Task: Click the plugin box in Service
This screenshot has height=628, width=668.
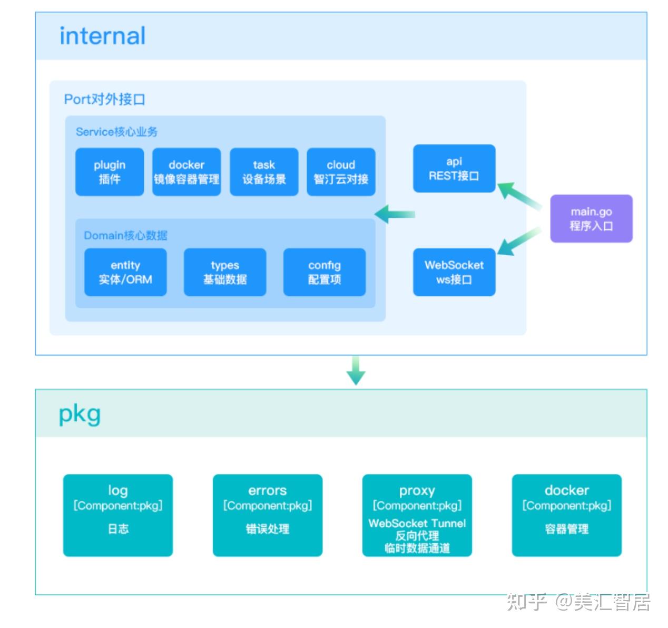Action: [110, 172]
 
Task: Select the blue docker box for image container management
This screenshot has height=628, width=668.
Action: [186, 172]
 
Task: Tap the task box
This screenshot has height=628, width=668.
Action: [264, 172]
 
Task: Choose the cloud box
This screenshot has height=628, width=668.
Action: [341, 172]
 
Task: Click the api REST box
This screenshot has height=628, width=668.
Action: [454, 168]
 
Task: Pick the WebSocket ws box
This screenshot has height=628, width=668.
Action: [454, 272]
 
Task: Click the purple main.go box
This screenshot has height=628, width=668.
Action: [591, 218]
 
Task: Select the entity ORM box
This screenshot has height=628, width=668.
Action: [125, 272]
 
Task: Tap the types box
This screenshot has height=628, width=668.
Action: [225, 272]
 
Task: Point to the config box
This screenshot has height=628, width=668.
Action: [325, 272]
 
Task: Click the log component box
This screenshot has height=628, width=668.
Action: [118, 515]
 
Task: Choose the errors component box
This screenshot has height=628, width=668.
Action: [268, 515]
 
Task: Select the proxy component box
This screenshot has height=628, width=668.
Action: [417, 515]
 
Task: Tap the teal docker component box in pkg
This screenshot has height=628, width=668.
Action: [567, 515]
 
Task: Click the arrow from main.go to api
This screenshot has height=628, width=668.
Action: [519, 195]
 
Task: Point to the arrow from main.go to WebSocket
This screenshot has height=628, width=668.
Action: [519, 241]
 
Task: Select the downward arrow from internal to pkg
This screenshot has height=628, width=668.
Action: [356, 370]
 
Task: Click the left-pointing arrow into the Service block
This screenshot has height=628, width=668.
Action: [395, 214]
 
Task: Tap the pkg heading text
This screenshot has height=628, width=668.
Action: [80, 415]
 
